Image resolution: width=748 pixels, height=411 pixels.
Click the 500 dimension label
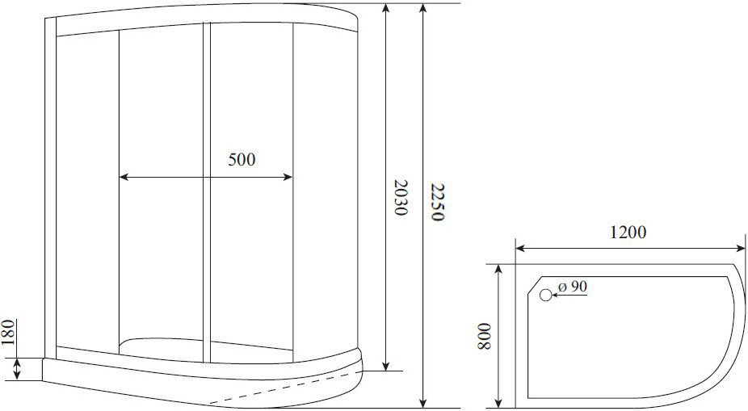pyautogui.click(x=241, y=159)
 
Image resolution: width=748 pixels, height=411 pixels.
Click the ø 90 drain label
pyautogui.click(x=573, y=286)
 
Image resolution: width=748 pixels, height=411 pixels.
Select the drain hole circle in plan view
pyautogui.click(x=546, y=296)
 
